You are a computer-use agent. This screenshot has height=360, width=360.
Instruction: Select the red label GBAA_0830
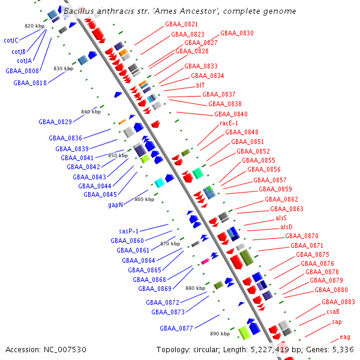coord(236,33)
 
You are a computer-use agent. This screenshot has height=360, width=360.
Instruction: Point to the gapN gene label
coord(116,205)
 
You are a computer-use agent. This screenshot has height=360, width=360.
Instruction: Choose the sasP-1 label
coord(129,231)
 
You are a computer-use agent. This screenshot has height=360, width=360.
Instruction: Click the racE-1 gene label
coord(229,123)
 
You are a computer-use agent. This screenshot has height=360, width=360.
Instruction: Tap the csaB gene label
coord(333,311)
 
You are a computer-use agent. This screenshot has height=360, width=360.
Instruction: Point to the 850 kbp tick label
coord(118,155)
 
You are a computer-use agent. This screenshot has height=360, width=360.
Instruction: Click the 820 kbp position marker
coord(34,26)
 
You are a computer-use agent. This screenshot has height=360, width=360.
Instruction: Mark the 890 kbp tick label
coord(220,333)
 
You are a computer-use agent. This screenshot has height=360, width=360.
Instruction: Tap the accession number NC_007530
coord(65,349)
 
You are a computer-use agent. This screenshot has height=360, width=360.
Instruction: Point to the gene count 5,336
coord(343,349)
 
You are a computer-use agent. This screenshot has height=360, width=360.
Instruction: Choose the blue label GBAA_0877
coord(176,328)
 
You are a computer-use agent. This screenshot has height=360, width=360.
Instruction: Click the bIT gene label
coord(200,85)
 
